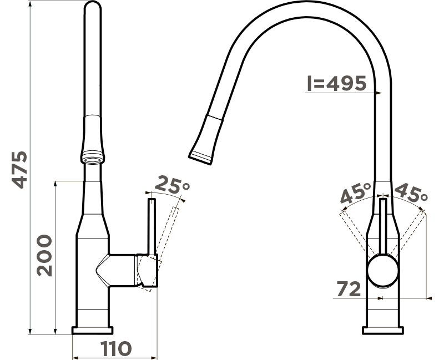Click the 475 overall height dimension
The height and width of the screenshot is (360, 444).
point(20,170)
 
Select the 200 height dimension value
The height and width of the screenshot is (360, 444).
point(44,255)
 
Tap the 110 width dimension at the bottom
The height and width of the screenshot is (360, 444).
point(117,348)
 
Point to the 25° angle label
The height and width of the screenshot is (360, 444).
point(172,184)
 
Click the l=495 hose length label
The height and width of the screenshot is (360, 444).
point(337,83)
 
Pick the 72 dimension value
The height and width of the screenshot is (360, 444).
point(349,289)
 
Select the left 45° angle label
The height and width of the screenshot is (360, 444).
point(356,193)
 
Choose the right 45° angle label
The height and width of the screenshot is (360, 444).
point(411,192)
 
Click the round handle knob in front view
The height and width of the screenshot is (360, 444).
point(383,270)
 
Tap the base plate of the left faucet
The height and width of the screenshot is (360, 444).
point(92,330)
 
